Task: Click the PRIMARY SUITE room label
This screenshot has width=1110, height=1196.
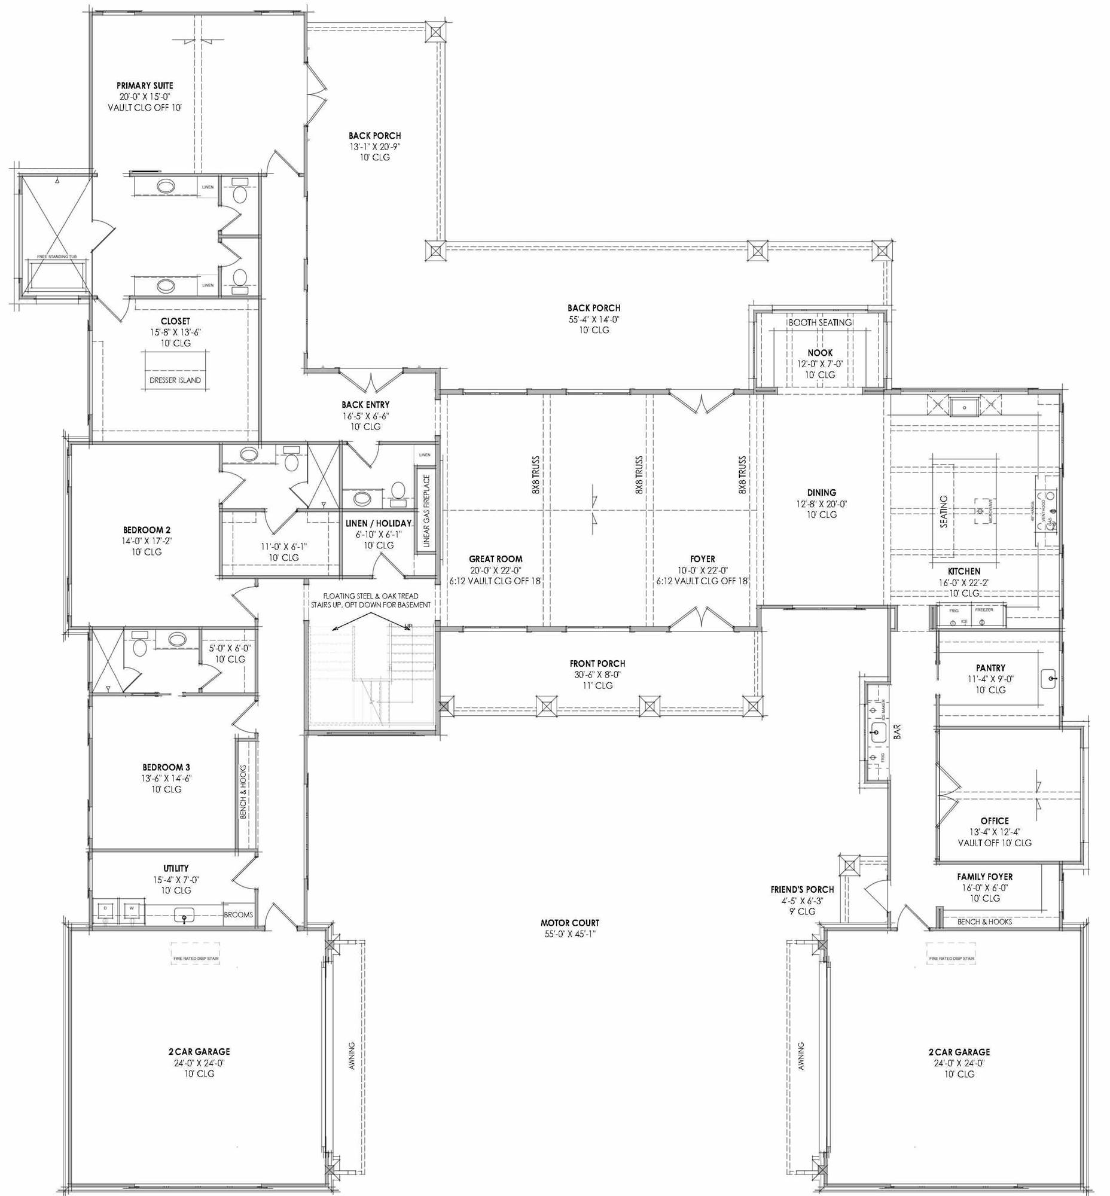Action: [145, 86]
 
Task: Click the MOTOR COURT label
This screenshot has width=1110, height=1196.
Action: [569, 923]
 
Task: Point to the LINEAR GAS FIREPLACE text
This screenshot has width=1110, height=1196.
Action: [426, 511]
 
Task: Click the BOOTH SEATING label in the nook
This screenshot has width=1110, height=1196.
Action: [820, 322]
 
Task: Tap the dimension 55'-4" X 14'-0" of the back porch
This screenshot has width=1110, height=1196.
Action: [593, 319]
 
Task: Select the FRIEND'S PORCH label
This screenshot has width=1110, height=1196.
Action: [802, 889]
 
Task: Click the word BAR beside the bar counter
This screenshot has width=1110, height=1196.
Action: [897, 731]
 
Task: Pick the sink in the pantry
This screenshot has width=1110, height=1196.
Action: [1050, 679]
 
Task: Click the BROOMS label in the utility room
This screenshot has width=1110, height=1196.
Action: [239, 914]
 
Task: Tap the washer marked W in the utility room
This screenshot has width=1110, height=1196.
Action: [132, 908]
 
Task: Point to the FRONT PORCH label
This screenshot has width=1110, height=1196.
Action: [597, 663]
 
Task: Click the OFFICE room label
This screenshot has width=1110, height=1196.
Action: [994, 820]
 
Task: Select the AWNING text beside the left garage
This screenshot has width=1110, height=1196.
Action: [352, 1055]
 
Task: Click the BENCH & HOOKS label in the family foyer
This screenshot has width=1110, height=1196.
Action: [984, 922]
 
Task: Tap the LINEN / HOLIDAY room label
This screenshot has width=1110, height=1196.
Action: [379, 523]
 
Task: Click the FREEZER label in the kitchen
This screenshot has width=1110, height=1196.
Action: [984, 610]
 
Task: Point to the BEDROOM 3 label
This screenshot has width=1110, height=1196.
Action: [166, 767]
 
